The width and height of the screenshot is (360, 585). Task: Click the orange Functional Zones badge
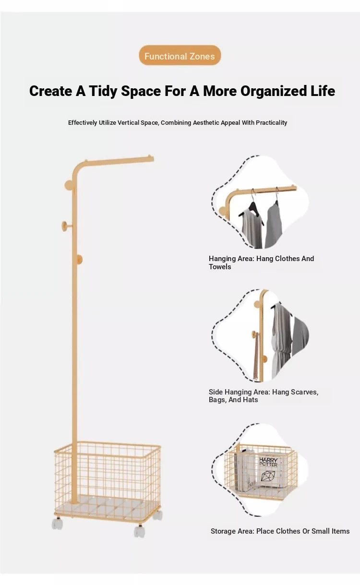tap(180, 55)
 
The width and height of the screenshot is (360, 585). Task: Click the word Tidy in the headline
tap(103, 91)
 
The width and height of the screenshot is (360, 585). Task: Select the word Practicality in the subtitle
tap(271, 122)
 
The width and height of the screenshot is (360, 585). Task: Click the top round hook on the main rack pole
tap(69, 185)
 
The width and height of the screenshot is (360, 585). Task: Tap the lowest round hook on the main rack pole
tap(79, 259)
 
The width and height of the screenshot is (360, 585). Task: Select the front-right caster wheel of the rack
tap(140, 532)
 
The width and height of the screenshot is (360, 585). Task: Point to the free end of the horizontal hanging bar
tap(152, 158)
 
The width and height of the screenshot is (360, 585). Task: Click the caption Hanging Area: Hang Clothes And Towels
tap(261, 263)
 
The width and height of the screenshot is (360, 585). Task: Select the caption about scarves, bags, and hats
tap(264, 395)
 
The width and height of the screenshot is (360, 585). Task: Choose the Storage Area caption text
tap(280, 531)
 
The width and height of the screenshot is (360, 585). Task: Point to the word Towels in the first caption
tap(220, 267)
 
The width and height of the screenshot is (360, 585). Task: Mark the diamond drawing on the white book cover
tap(269, 477)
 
